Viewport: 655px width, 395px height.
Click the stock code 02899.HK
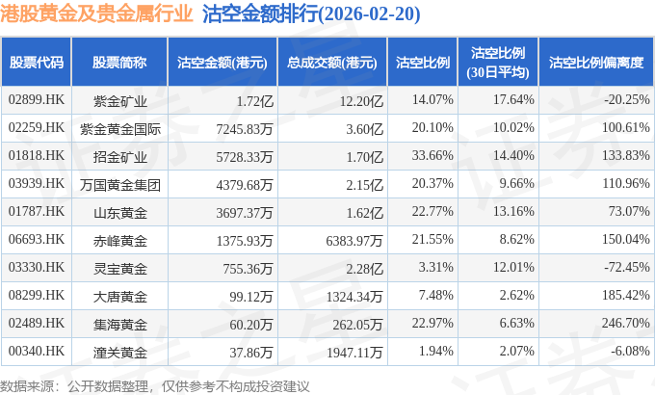(x=37, y=99)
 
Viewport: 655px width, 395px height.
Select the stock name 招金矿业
(x=119, y=157)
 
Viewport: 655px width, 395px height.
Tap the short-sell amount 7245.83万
(x=245, y=129)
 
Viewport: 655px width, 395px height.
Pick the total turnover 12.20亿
(x=361, y=101)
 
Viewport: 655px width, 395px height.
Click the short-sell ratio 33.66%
(x=432, y=155)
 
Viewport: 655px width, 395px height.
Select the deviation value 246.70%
(x=625, y=323)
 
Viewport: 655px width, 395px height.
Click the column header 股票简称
(x=119, y=63)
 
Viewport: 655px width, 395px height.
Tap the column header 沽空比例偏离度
(x=596, y=63)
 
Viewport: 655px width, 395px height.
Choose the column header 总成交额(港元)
(x=332, y=63)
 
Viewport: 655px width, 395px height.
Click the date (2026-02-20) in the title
(x=369, y=14)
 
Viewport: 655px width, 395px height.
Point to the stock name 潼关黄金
(x=119, y=353)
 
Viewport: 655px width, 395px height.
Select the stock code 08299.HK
(x=37, y=295)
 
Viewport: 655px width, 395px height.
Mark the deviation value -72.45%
(x=627, y=267)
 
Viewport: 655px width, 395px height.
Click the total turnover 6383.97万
(x=354, y=241)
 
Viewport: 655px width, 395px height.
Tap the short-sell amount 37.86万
(x=251, y=353)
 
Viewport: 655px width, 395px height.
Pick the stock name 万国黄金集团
(x=119, y=185)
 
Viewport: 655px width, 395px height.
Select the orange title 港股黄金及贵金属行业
(x=96, y=13)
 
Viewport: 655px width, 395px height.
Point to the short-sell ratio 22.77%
(x=432, y=211)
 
